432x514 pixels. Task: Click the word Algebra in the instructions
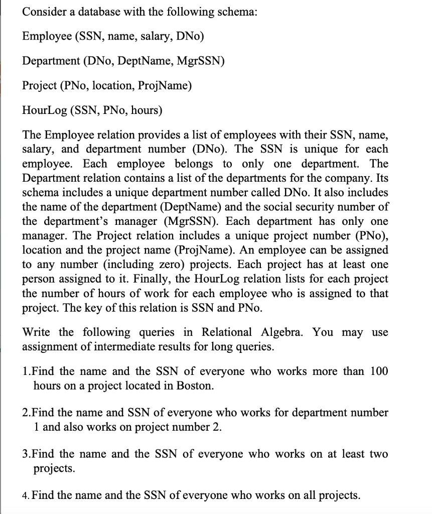point(283,333)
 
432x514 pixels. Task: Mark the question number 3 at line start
point(26,454)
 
